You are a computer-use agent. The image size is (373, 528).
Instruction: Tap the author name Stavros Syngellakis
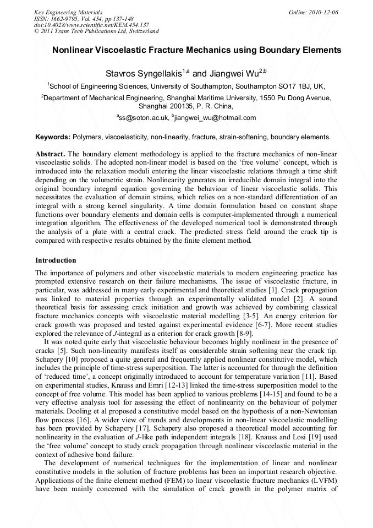tap(144, 73)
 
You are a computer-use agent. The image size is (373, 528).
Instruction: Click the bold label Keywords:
tap(53, 137)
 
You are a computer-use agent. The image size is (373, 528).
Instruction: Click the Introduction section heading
tap(56, 260)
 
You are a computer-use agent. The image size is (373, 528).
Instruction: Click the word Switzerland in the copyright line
tap(143, 31)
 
